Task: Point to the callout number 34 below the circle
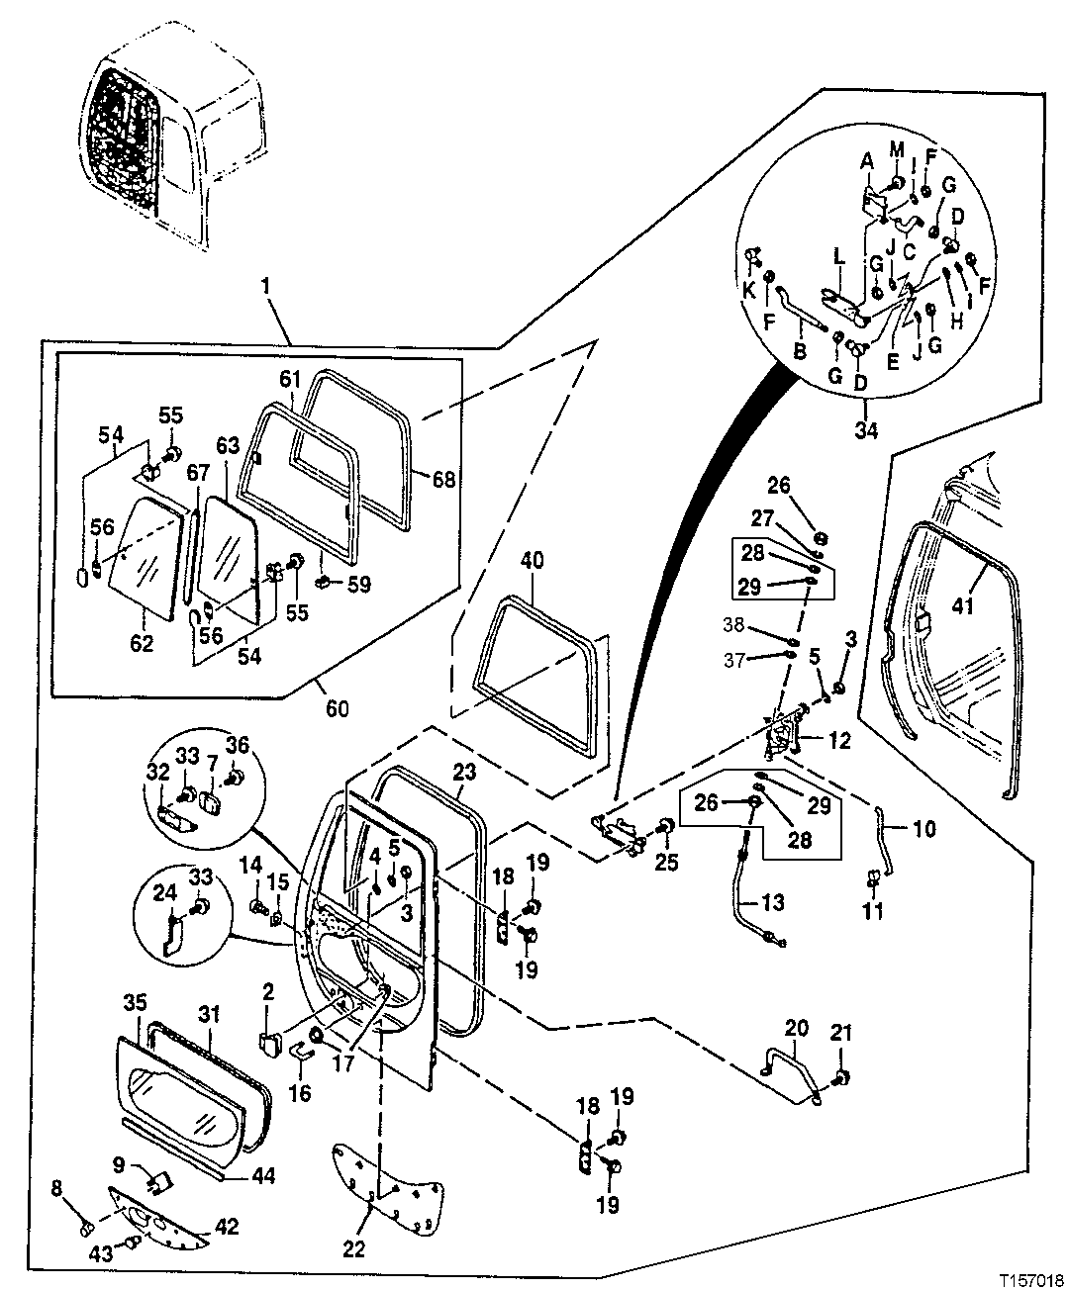tap(865, 429)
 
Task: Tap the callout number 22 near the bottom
tap(353, 1249)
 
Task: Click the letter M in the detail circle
tap(896, 149)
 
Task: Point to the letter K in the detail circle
tap(749, 291)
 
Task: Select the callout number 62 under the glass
tap(143, 644)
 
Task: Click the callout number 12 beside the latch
tap(839, 739)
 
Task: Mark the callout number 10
tap(923, 828)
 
